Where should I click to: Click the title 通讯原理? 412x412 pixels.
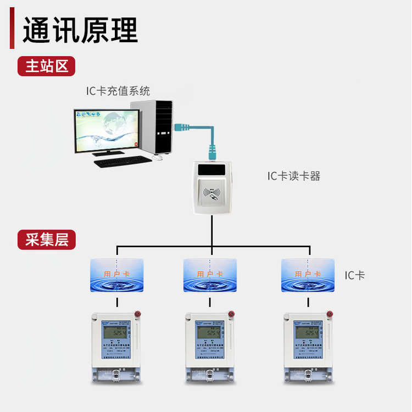tap(80, 30)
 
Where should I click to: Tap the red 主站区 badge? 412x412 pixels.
tap(46, 66)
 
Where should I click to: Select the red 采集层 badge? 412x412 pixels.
tap(46, 240)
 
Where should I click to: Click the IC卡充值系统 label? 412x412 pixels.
tap(118, 91)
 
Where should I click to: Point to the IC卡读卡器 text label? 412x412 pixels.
tap(293, 176)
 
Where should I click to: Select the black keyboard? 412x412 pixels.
tap(121, 162)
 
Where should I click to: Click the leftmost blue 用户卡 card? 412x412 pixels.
tap(116, 275)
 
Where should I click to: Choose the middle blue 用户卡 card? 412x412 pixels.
tap(210, 275)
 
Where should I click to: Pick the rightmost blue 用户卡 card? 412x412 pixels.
tap(308, 275)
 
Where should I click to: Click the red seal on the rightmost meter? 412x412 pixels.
tap(330, 314)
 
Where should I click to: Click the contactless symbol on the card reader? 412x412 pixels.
tap(211, 194)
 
